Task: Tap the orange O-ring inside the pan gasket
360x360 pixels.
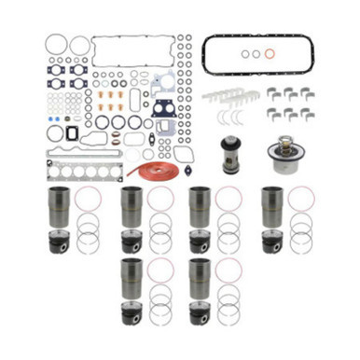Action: tap(269, 54)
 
